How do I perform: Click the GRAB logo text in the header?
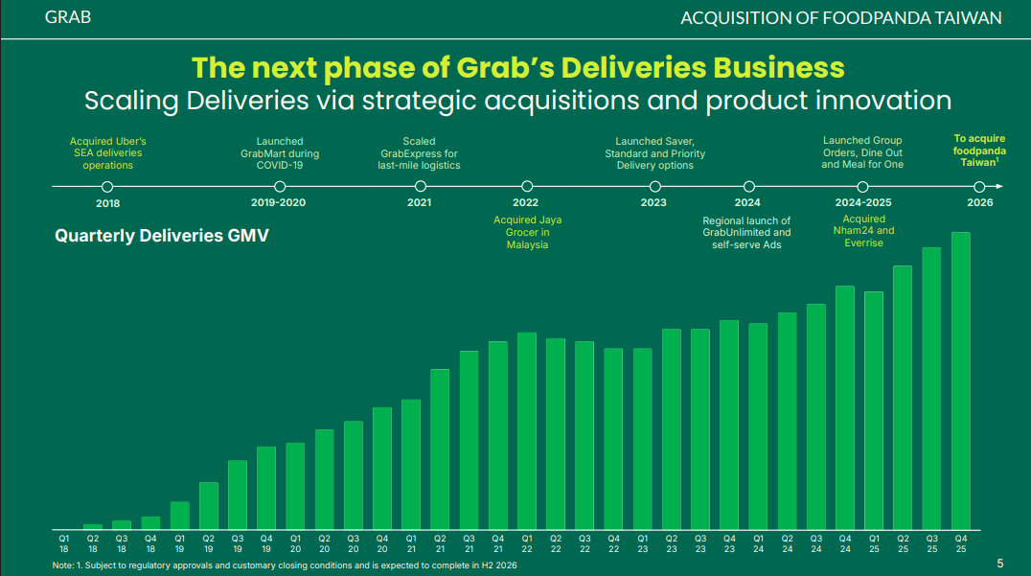[68, 17]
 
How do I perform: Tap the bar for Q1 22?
[526, 430]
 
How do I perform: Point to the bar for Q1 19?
[180, 515]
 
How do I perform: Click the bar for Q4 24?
[844, 407]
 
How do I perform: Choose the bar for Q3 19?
[238, 495]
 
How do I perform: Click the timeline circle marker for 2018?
[107, 187]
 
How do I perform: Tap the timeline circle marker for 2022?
[526, 187]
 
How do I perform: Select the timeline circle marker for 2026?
[979, 187]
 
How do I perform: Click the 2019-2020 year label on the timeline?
[278, 203]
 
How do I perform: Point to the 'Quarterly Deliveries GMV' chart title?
[162, 235]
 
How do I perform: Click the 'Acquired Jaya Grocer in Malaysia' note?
[526, 233]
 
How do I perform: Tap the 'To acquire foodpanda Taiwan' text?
[979, 151]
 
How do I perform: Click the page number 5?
[1000, 563]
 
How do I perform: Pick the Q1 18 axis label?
[63, 544]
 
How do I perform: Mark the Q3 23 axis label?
[699, 544]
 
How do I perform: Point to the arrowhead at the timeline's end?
[999, 187]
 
